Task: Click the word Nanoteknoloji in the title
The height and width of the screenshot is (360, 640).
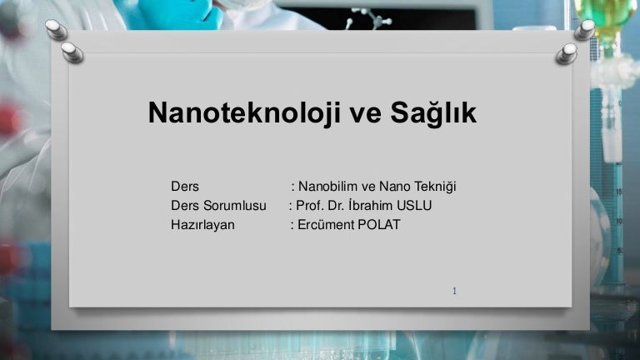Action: [x=244, y=112]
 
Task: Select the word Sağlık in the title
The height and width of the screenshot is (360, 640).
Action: [x=433, y=113]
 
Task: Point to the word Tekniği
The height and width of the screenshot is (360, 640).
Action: [x=435, y=187]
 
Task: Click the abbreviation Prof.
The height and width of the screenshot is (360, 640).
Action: [x=310, y=205]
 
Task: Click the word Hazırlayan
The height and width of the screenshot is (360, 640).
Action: [x=202, y=225]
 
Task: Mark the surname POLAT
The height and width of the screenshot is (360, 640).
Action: [x=379, y=224]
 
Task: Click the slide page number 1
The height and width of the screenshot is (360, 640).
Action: [x=454, y=291]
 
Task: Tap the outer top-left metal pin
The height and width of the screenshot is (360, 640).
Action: [x=57, y=30]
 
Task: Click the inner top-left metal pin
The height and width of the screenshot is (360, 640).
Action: [x=72, y=52]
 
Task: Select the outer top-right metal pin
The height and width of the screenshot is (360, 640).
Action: [x=584, y=30]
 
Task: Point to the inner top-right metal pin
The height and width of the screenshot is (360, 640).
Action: [x=567, y=54]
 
